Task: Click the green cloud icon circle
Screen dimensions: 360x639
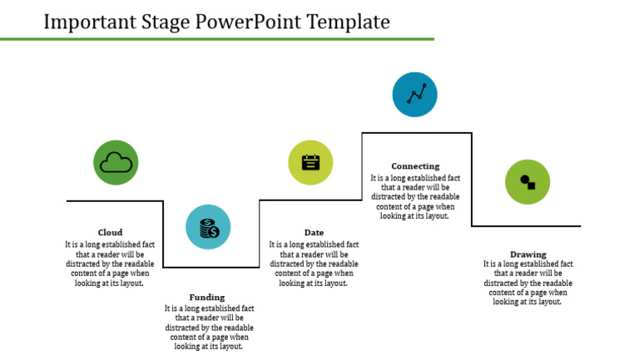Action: pyautogui.click(x=116, y=162)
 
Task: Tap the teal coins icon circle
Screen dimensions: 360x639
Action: pyautogui.click(x=208, y=227)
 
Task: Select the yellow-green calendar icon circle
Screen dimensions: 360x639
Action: pyautogui.click(x=310, y=162)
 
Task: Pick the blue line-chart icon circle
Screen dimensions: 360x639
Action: pyautogui.click(x=415, y=94)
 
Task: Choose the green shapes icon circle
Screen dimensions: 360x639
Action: pyautogui.click(x=528, y=181)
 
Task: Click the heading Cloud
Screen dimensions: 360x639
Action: pyautogui.click(x=110, y=233)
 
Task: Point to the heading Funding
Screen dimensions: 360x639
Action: pyautogui.click(x=206, y=297)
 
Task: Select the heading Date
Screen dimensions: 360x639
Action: pyautogui.click(x=314, y=233)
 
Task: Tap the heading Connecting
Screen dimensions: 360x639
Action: pyautogui.click(x=415, y=166)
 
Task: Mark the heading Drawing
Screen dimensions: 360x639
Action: pyautogui.click(x=528, y=254)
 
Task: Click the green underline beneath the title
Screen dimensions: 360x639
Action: pyautogui.click(x=217, y=38)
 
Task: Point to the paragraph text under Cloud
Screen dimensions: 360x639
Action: pyautogui.click(x=110, y=264)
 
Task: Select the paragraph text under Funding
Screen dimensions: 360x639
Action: pyautogui.click(x=209, y=328)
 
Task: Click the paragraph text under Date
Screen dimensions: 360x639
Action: pyautogui.click(x=314, y=264)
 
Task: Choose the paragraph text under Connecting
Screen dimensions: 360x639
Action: pyautogui.click(x=415, y=197)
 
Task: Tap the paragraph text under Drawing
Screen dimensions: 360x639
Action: pyautogui.click(x=528, y=283)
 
